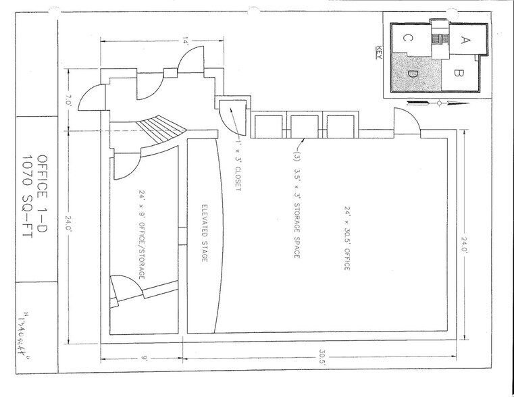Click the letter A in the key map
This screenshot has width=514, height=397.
coord(465,39)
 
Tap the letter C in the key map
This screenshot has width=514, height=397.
coord(408,38)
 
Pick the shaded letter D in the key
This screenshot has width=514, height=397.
coord(413,73)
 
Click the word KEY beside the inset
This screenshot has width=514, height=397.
coord(378,53)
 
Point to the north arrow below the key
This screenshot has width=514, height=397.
coord(438,103)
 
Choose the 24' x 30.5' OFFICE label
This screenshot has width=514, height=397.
coord(347,239)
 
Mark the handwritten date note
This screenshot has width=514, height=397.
coord(30,334)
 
